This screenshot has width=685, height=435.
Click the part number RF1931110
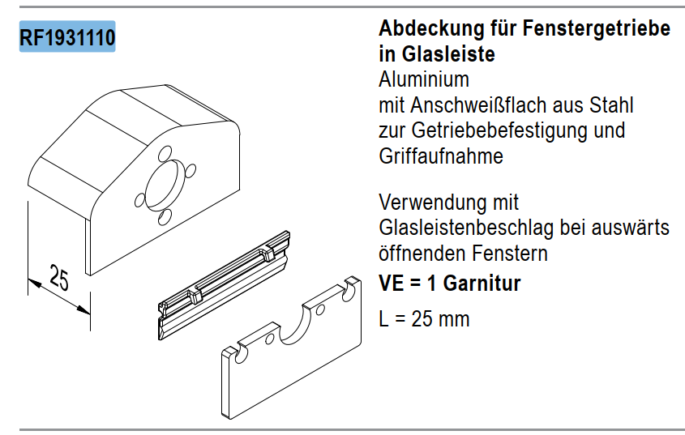tap(67, 37)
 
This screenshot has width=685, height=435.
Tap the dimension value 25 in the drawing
tap(59, 278)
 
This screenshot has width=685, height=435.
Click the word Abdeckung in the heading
tap(431, 29)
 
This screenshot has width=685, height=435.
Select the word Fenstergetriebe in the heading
tap(597, 29)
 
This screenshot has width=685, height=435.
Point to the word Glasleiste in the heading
tap(448, 54)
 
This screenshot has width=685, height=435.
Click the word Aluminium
tap(424, 80)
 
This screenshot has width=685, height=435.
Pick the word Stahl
tap(611, 105)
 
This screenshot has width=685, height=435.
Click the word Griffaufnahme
tap(441, 156)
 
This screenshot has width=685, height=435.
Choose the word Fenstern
tap(510, 254)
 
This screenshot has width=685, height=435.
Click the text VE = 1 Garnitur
tap(450, 284)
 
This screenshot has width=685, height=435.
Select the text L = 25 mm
tap(424, 319)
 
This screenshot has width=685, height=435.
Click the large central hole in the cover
tap(161, 185)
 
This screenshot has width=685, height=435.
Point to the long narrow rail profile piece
tap(224, 285)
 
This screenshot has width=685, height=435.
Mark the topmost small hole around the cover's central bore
tap(165, 153)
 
